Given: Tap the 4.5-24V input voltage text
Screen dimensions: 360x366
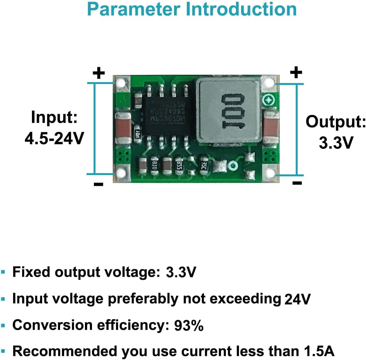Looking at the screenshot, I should point(54,138).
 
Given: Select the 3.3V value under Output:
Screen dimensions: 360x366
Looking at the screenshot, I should point(336,142).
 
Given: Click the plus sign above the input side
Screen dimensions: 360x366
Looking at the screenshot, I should point(99,73).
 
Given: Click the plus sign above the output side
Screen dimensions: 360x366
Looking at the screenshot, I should point(296,72).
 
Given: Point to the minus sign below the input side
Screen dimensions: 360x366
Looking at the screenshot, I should point(99,184).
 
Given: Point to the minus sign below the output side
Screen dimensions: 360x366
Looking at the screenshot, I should point(297,183).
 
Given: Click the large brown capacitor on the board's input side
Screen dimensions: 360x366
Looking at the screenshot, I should point(123,127).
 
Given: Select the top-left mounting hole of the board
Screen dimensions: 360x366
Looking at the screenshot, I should point(121,84).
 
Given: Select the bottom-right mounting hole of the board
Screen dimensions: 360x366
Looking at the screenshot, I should point(270,173).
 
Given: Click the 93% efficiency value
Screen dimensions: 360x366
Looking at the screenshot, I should point(189,326).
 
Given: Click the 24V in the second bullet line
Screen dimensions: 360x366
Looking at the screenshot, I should point(297,299).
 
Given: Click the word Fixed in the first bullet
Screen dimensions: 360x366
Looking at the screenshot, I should point(31,272).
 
